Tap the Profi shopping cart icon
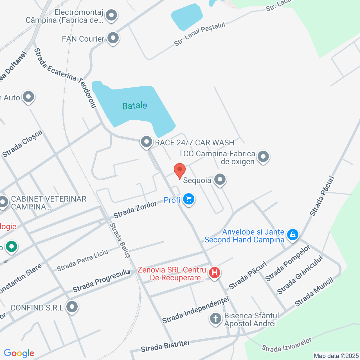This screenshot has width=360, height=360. [x=189, y=199]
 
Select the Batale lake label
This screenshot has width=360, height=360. [x=134, y=106]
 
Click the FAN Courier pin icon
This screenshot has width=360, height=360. [x=113, y=38]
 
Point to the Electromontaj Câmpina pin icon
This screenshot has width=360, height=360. [x=111, y=15]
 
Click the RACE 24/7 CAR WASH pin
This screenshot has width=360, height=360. [x=146, y=142]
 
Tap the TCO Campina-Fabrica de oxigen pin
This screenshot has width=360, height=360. [x=263, y=157]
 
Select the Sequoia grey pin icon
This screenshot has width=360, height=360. [x=220, y=179]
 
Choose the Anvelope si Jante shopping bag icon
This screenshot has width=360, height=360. [x=292, y=235]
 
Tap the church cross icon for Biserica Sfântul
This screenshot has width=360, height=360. [x=216, y=319]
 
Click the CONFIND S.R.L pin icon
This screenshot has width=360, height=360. [x=72, y=307]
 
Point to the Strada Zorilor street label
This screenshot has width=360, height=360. [x=135, y=210]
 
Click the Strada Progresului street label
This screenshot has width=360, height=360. [x=102, y=280]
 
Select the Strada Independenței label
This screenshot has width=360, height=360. [x=196, y=310]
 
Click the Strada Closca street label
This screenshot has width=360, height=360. [x=22, y=144]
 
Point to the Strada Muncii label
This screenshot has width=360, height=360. [x=314, y=292]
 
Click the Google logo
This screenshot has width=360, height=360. [x=19, y=353]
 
